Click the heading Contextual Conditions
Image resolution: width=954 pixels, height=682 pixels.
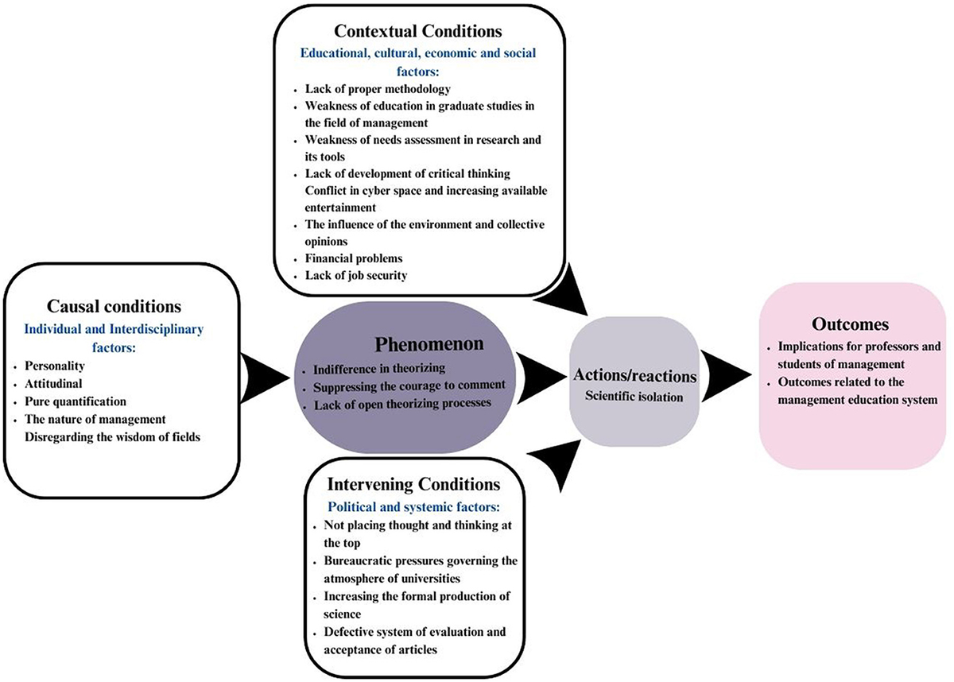[x=417, y=32]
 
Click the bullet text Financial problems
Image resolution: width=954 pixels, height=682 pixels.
[x=354, y=258]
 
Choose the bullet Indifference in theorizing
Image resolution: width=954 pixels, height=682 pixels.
[x=379, y=369]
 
